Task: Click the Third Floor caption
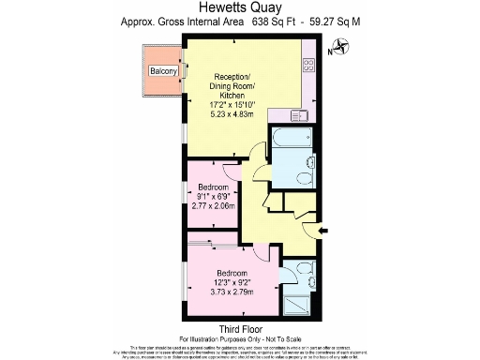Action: [x=239, y=328]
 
